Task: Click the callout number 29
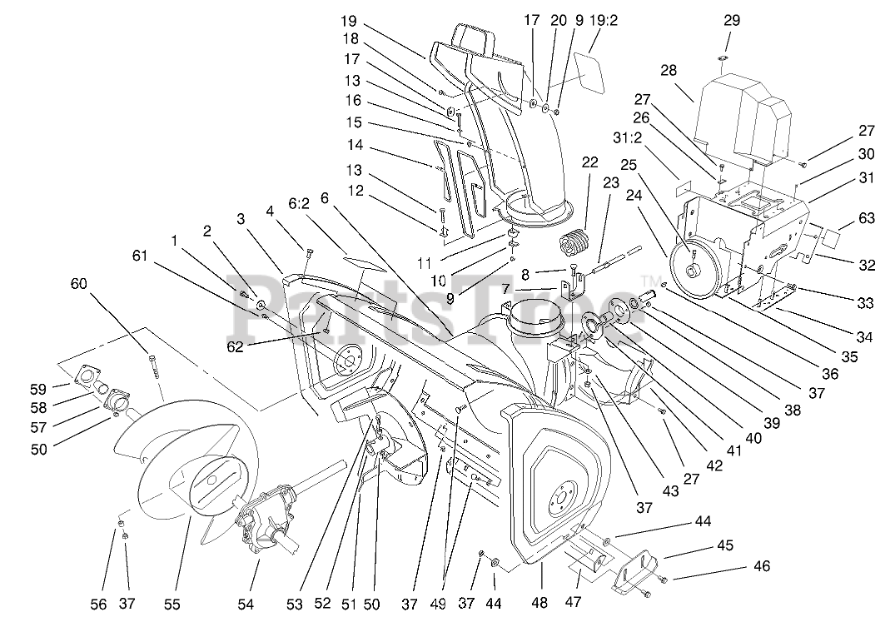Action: [x=732, y=21]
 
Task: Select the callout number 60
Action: [x=79, y=282]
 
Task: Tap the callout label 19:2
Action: [x=603, y=21]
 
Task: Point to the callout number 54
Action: [x=246, y=605]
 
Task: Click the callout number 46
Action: [x=762, y=566]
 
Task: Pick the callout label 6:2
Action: [x=299, y=204]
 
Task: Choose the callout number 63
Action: [x=866, y=218]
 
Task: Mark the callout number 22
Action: [x=589, y=162]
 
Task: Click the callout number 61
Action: [x=140, y=256]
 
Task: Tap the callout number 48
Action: [x=539, y=603]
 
